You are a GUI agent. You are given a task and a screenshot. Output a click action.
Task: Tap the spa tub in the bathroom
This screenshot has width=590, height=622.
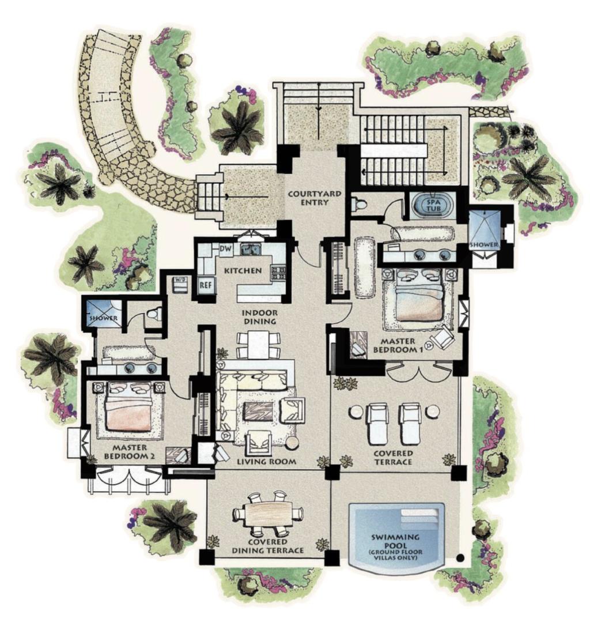coord(430,205)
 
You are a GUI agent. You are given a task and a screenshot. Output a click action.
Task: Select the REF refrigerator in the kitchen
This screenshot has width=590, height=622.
coord(205,285)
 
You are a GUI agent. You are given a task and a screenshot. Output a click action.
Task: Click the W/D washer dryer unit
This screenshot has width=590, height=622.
coord(180,284)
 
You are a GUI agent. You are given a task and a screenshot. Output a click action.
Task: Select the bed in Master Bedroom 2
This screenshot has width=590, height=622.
coord(128,407)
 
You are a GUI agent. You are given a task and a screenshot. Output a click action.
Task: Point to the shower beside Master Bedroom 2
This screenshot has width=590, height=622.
coord(102,312)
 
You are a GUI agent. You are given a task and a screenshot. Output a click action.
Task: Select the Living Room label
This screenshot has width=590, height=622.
coord(266,461)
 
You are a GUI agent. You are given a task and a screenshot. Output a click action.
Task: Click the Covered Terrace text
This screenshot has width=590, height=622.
coord(393,457)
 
